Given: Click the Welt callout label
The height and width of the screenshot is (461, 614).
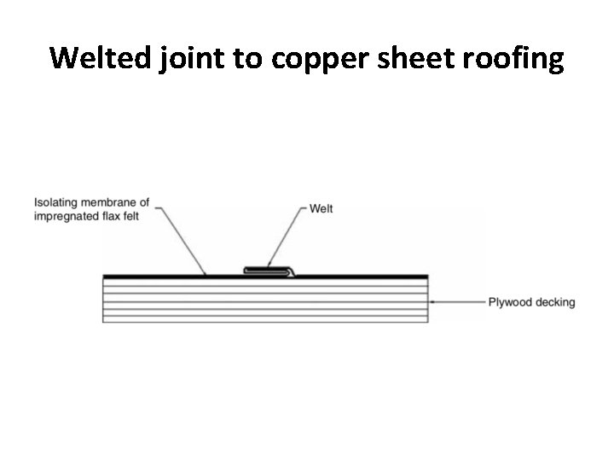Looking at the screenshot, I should (321, 209).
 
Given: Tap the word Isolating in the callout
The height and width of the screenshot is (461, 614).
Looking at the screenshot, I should (55, 202).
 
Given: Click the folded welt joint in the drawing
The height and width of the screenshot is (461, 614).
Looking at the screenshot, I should (269, 271).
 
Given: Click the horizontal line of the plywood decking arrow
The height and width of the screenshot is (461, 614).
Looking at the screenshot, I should (460, 301).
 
